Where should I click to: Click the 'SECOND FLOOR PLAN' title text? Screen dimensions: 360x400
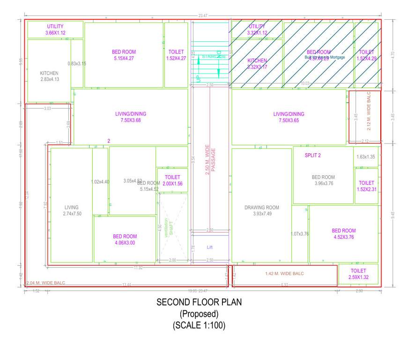pos(199,303)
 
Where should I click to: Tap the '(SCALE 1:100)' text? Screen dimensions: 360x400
pos(199,325)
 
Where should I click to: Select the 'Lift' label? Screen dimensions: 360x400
pos(210,247)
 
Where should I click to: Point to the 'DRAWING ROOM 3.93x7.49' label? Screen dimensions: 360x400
pos(261,210)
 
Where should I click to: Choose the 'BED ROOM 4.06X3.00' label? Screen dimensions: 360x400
pos(125,240)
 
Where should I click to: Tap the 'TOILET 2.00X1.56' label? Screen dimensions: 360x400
pos(172,180)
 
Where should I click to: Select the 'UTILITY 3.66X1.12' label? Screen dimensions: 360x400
pos(55,30)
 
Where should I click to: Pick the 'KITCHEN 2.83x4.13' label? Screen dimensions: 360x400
pos(49,76)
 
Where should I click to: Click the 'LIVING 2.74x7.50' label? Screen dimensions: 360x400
pos(72,210)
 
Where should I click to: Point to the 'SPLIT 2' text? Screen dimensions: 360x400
pos(312,155)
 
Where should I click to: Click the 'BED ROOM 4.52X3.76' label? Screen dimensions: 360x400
pos(343,234)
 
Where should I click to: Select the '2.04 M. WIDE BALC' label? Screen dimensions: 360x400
pos(46,283)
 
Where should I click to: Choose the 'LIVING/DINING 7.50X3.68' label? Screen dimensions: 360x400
pos(131,117)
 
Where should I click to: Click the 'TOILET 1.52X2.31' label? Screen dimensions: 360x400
pos(366,186)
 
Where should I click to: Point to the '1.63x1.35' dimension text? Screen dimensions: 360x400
pos(365,157)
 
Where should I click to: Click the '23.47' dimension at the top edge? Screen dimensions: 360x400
pos(203,16)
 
